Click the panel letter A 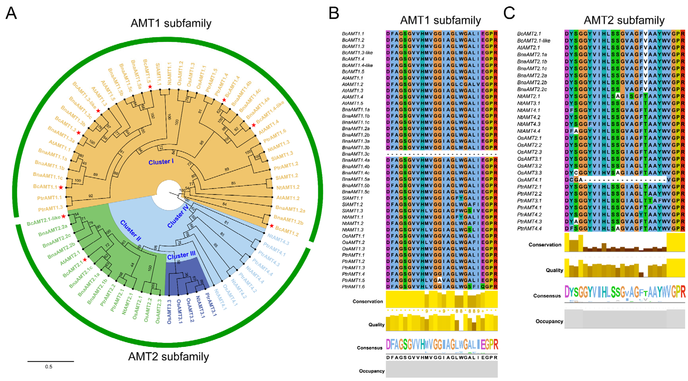(11, 13)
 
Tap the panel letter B (334, 13)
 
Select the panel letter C (509, 13)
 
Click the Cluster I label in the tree (161, 162)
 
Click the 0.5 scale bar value (49, 367)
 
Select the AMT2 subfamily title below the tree (169, 356)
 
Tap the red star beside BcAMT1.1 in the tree (61, 188)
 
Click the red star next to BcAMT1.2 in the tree (272, 226)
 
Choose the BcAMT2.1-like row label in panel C (534, 41)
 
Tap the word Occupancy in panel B (371, 371)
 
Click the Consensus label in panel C (547, 296)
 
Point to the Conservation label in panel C (545, 245)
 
